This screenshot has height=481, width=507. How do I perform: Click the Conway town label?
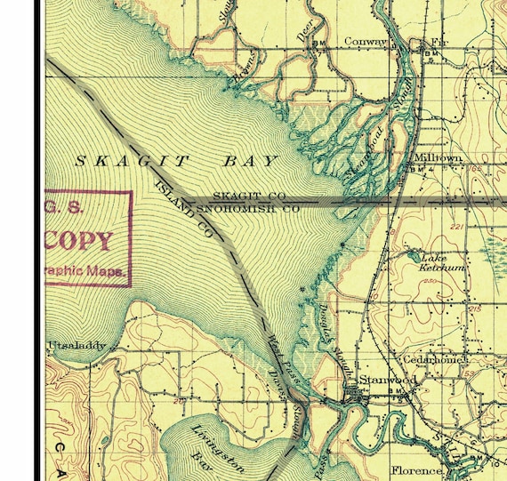[366, 41]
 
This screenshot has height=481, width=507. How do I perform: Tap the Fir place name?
[439, 41]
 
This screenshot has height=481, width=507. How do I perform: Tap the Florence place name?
[417, 469]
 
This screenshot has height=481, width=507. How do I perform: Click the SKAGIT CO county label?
[249, 196]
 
